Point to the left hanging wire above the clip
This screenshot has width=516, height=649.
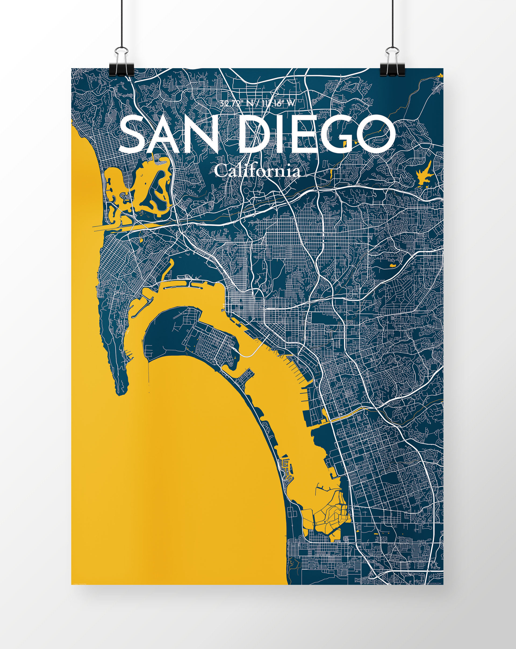coord(121,24)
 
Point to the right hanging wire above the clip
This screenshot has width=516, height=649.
coord(393,24)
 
